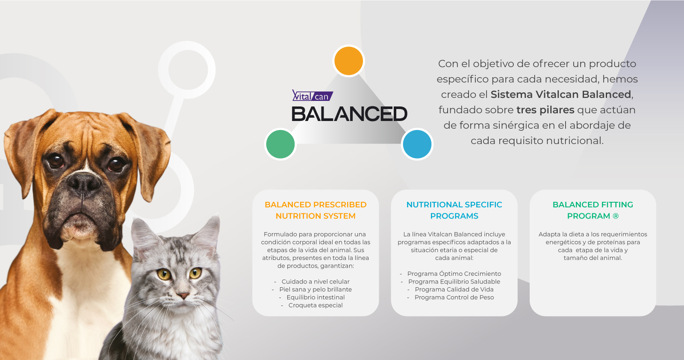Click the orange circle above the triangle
pyautogui.click(x=348, y=61)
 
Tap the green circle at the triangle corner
pyautogui.click(x=280, y=144)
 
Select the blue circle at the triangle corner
pyautogui.click(x=417, y=144)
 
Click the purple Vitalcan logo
pyautogui.click(x=313, y=95)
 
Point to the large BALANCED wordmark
pyautogui.click(x=349, y=114)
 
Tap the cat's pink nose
pyautogui.click(x=183, y=295)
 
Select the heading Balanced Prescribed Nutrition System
pyautogui.click(x=315, y=210)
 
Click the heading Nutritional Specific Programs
pyautogui.click(x=454, y=210)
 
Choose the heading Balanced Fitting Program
pyautogui.click(x=593, y=210)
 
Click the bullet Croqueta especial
pyautogui.click(x=315, y=305)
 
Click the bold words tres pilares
pyautogui.click(x=545, y=109)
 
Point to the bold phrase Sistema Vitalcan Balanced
pyautogui.click(x=560, y=94)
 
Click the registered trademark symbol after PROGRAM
pyautogui.click(x=616, y=216)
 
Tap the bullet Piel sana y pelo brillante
pyautogui.click(x=315, y=289)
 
